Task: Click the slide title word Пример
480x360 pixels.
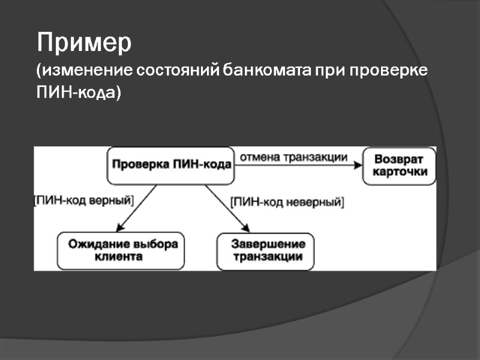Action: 84,44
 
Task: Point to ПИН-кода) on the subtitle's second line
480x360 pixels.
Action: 79,93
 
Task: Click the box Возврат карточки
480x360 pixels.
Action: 399,166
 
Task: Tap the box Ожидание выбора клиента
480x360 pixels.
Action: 122,250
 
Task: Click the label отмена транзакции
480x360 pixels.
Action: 294,157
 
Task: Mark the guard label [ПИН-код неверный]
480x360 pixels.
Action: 287,202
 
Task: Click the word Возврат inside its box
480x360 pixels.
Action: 399,160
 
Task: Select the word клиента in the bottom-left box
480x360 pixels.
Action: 119,257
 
